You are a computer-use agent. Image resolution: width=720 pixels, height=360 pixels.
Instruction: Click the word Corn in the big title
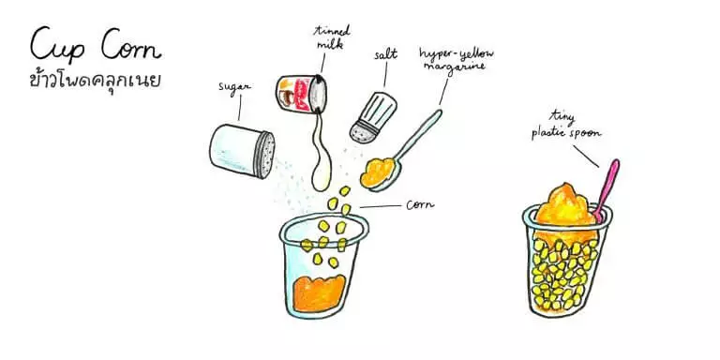(131, 45)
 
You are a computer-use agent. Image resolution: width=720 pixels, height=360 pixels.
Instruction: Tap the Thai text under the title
(95, 80)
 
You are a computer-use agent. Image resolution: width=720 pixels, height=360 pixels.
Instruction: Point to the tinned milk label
(331, 37)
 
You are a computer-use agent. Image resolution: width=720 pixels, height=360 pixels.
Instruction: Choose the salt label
(384, 55)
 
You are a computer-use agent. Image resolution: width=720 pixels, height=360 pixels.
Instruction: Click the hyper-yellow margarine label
(456, 59)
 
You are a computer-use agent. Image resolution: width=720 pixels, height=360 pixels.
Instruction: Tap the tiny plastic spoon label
(565, 126)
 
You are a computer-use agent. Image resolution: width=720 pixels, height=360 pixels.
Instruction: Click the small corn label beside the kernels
(420, 204)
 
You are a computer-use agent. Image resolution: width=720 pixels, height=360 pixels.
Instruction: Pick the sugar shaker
(242, 151)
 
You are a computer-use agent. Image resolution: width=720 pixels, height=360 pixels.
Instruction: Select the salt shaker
(373, 116)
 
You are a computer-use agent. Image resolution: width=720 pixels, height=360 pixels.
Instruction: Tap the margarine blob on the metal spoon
(378, 172)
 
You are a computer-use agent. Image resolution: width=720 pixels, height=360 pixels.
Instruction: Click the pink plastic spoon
(607, 189)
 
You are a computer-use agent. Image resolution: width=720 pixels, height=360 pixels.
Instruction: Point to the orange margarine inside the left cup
(319, 293)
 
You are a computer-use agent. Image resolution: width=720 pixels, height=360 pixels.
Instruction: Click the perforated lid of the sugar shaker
(266, 155)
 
